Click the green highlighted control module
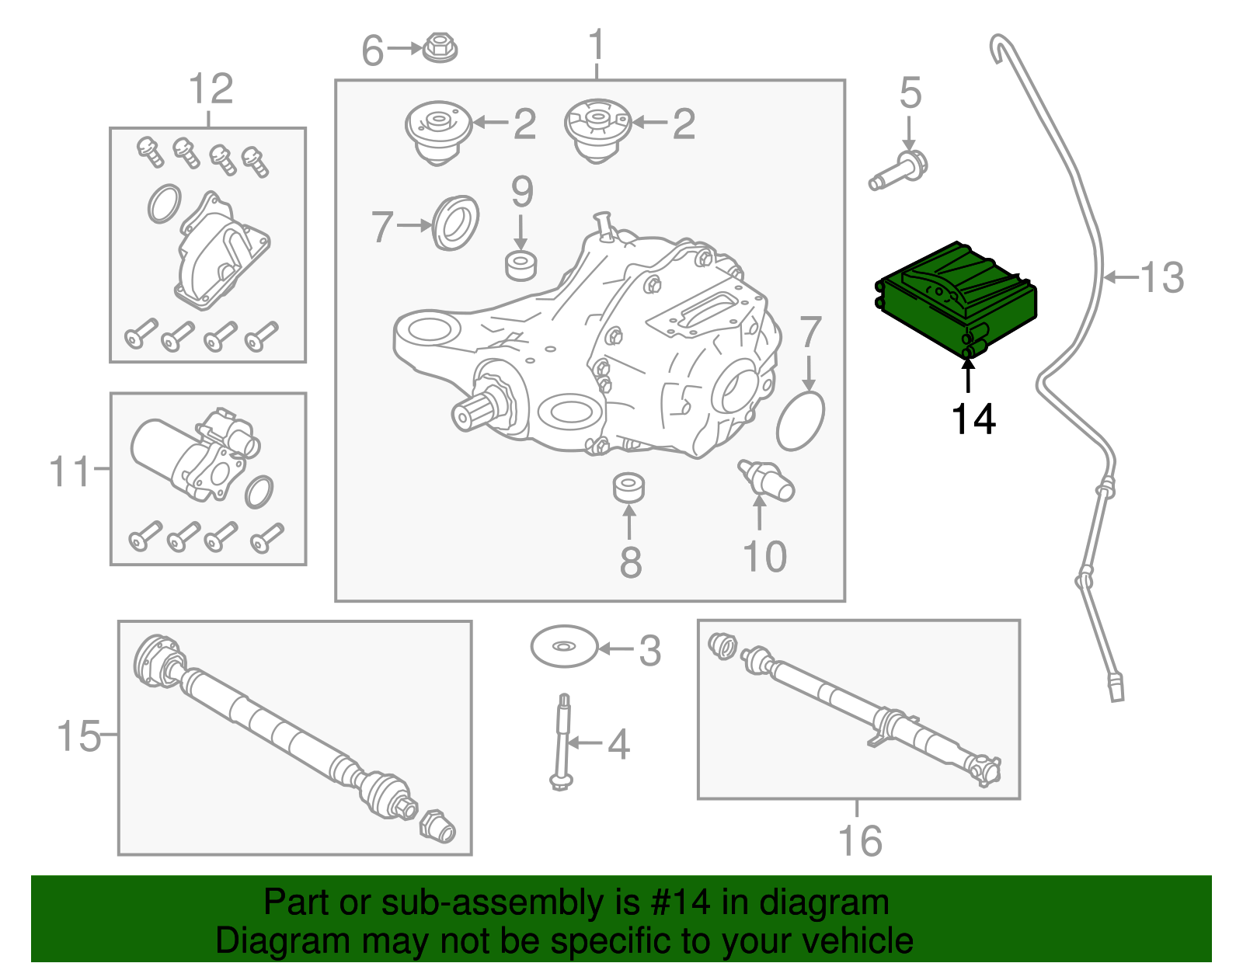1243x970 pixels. tap(956, 299)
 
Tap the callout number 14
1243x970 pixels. tap(973, 419)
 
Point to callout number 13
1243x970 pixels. tap(1162, 277)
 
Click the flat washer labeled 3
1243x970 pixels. tap(564, 646)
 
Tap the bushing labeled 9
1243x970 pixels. tap(521, 265)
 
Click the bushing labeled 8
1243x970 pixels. tap(628, 488)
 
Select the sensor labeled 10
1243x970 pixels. tap(767, 480)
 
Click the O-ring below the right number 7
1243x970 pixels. tap(800, 421)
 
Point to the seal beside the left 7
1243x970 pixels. tap(456, 223)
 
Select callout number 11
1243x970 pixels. tap(70, 471)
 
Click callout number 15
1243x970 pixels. tap(78, 735)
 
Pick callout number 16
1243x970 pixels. tap(860, 840)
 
